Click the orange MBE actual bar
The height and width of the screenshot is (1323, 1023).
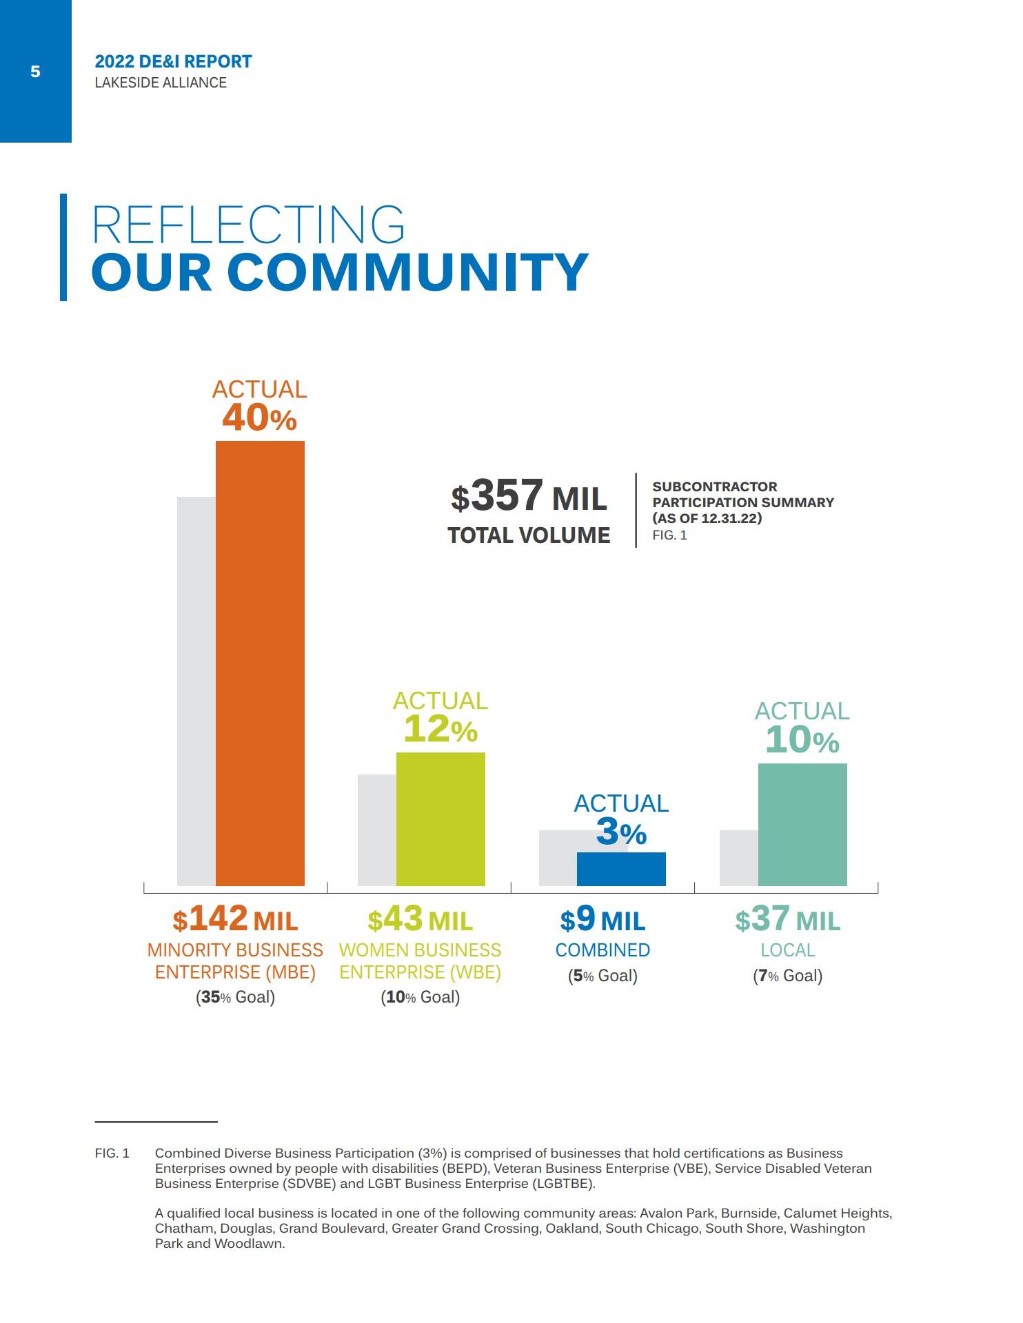[260, 663]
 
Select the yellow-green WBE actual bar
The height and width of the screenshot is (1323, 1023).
[440, 819]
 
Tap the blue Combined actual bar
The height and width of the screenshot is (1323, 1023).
[621, 869]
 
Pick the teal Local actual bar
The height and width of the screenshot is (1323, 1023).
[802, 824]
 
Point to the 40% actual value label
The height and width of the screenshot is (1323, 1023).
[259, 418]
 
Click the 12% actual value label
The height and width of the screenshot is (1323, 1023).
[440, 729]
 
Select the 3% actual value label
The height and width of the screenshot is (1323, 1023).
[621, 832]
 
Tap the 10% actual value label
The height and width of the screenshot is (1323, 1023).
[802, 740]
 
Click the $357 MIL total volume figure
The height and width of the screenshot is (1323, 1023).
[529, 497]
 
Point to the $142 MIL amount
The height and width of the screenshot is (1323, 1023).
[235, 919]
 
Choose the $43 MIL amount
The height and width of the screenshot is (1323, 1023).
[420, 919]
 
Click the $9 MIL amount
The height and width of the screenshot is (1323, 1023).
[602, 919]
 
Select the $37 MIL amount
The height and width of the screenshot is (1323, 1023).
[787, 919]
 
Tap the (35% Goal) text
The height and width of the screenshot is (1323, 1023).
[235, 997]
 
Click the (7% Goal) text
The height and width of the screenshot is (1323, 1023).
[787, 976]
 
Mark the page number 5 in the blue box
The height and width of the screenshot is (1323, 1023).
[35, 72]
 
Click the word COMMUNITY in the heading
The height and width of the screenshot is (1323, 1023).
[407, 272]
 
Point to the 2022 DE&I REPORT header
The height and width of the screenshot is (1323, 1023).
[173, 62]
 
